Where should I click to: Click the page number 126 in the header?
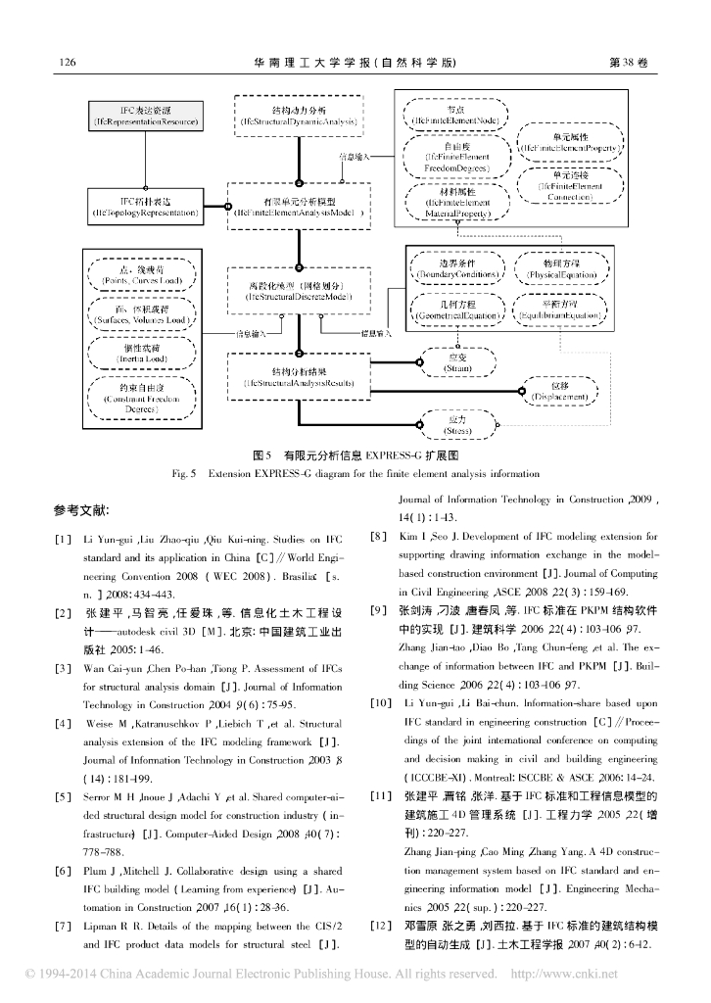tap(68, 62)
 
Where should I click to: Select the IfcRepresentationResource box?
tap(145, 116)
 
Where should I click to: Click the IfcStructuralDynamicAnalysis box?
tap(298, 116)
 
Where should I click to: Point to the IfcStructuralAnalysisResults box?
tap(298, 377)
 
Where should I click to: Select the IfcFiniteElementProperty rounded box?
tap(569, 142)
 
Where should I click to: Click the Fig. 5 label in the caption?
tap(185, 474)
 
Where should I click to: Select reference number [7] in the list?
tap(63, 927)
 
